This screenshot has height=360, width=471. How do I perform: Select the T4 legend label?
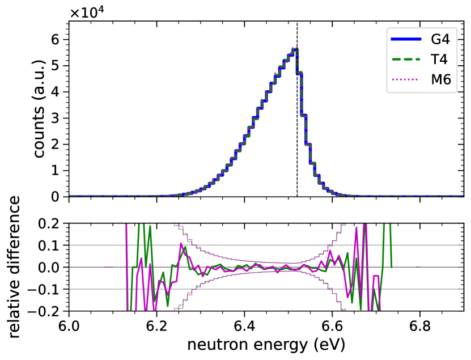click(440, 60)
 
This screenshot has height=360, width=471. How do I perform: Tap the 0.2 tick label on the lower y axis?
click(49, 223)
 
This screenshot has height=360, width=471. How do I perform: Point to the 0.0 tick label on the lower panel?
click(49, 268)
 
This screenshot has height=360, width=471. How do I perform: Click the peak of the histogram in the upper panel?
click(294, 49)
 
